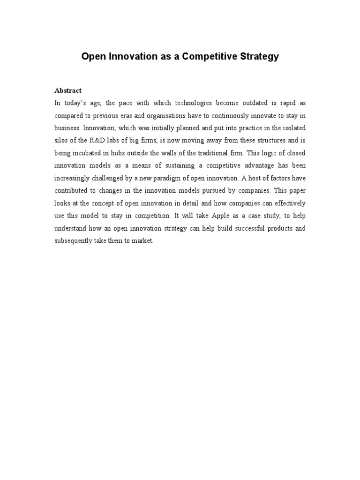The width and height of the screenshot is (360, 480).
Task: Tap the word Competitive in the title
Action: pos(205,57)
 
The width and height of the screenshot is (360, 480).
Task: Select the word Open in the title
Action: pos(93,57)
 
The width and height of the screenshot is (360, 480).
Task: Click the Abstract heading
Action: pos(68,90)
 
